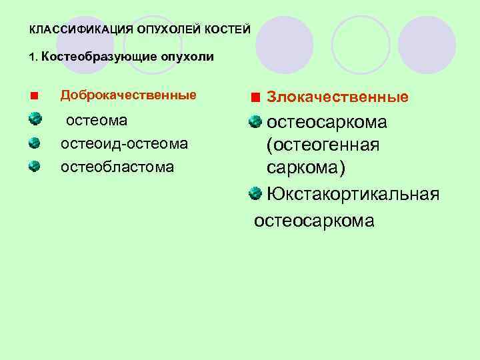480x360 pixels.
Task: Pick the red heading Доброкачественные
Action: [129, 95]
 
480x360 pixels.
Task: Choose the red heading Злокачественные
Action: [337, 97]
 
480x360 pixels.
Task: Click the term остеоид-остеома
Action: [124, 143]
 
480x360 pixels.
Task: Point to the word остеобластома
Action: [117, 166]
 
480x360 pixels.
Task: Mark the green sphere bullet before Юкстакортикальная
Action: [255, 194]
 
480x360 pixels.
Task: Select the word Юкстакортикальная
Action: [353, 194]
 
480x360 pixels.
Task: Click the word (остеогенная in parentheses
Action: [323, 145]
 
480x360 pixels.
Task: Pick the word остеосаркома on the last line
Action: [314, 221]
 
